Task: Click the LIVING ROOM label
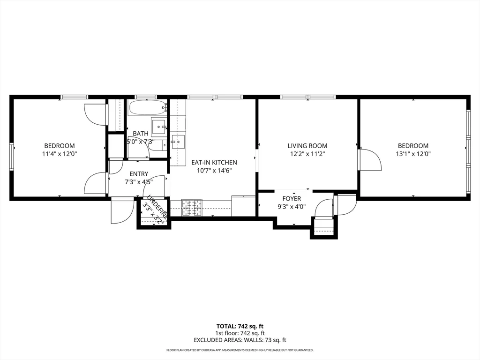click(307, 146)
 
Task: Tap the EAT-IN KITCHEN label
click(214, 163)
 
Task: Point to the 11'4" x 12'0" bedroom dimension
click(60, 153)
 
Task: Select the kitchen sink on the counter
click(179, 140)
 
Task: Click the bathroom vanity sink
click(160, 125)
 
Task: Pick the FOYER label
click(292, 199)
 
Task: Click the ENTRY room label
click(139, 174)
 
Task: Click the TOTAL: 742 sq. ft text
click(240, 326)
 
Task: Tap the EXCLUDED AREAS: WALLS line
click(240, 340)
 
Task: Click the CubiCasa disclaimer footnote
click(240, 350)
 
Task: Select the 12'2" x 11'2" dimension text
click(307, 153)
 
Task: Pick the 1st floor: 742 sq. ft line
click(240, 333)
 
